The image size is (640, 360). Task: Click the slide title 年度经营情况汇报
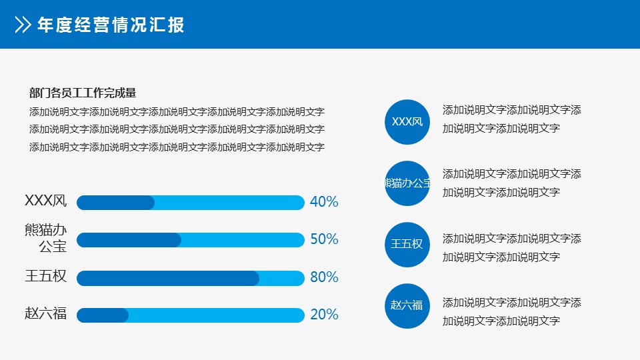pos(111,25)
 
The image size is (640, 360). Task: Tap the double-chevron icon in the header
pos(23,25)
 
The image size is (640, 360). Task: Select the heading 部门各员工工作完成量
pos(83,93)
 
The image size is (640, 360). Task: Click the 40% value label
pos(324,201)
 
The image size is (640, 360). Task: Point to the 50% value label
pos(324,239)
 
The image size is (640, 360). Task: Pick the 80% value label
pos(324,277)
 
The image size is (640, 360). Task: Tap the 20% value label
pos(324,315)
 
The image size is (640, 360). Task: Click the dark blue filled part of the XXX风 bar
pos(115,203)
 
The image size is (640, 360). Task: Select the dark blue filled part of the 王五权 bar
pos(168,279)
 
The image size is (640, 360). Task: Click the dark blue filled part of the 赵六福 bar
pos(103,315)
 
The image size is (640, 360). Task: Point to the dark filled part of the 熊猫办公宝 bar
pos(129,240)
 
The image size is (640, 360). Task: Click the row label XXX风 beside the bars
pos(46,201)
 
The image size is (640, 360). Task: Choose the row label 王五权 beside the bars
pos(46,276)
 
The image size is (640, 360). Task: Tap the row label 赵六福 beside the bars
pos(46,313)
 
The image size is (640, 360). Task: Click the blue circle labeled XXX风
pos(407,122)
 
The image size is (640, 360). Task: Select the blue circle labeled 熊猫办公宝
pos(407,183)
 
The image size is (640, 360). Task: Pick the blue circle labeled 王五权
pos(407,245)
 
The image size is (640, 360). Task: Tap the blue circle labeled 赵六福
pos(407,306)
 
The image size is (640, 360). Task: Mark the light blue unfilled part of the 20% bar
pos(216,315)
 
